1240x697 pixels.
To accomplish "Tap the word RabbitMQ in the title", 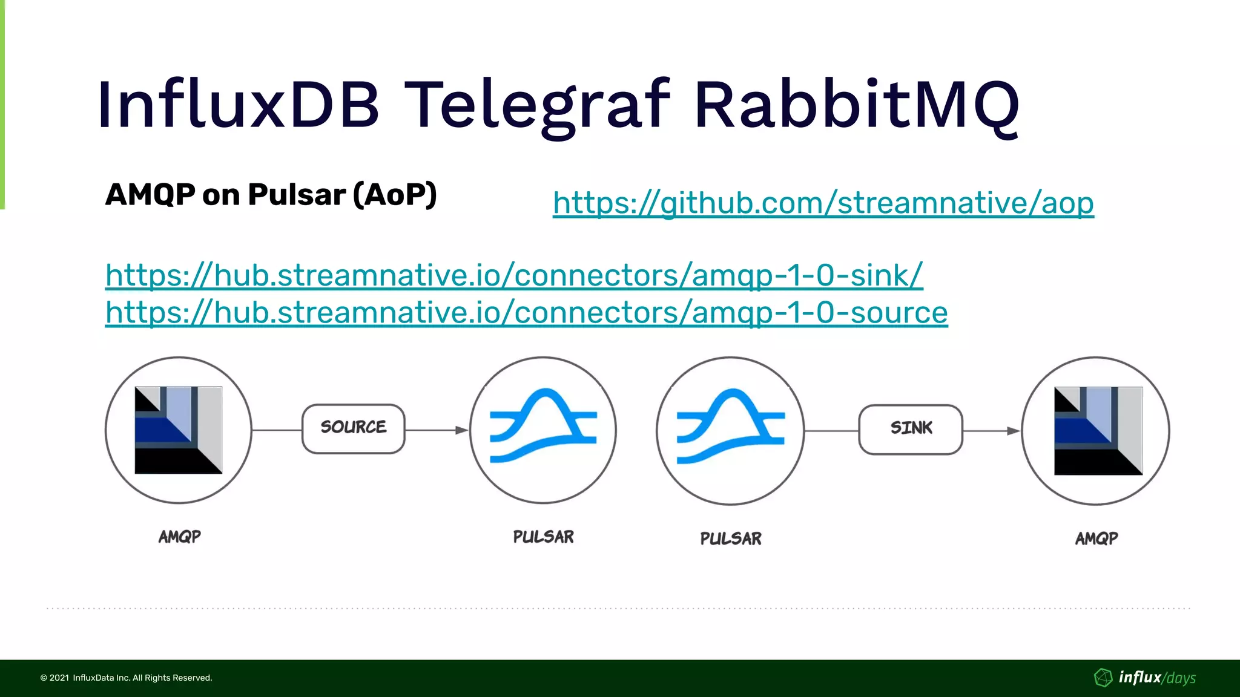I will click(x=856, y=106).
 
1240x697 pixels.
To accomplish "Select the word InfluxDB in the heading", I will click(x=239, y=106).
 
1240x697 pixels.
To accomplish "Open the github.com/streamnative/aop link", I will click(x=823, y=203).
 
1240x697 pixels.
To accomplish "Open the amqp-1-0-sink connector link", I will click(x=514, y=275).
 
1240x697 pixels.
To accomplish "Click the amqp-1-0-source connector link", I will click(x=526, y=313).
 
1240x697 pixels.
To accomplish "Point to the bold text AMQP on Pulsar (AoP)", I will click(x=271, y=195).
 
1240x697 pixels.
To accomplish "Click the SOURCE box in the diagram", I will click(x=354, y=428).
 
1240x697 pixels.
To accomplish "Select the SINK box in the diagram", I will click(x=911, y=429).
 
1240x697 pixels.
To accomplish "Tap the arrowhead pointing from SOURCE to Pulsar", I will click(x=461, y=430).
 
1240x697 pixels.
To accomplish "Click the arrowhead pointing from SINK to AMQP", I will click(x=1013, y=431).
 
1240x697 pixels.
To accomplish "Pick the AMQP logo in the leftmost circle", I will click(x=179, y=430).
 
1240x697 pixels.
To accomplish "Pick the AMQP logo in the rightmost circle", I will click(x=1098, y=431).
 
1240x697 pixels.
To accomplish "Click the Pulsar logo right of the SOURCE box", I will click(x=543, y=427).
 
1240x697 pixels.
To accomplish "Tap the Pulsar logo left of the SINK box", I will click(x=730, y=427).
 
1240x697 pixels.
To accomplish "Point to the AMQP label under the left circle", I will click(x=179, y=537).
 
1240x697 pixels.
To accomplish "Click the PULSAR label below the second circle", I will click(x=543, y=537).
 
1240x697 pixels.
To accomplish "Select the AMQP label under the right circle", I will click(x=1097, y=538).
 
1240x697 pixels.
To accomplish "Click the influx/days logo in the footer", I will click(x=1145, y=678).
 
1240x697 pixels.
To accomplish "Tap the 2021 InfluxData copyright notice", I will click(x=126, y=678).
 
